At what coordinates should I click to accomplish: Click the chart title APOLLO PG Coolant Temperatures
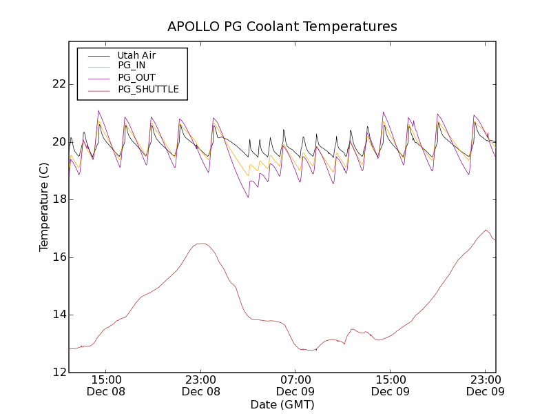pos(282,27)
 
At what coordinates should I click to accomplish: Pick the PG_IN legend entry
pos(132,66)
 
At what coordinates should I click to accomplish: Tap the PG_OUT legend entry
pos(136,77)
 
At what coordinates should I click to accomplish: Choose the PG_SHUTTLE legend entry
pos(148,89)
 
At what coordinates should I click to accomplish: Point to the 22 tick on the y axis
pos(59,84)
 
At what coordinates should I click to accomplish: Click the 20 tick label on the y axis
pos(59,142)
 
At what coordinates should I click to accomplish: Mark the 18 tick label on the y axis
pos(59,199)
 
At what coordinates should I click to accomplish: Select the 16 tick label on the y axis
pos(59,257)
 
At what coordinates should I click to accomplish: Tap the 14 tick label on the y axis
pos(59,315)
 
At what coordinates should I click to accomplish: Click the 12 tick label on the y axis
pos(59,373)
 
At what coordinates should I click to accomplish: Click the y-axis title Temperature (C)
pos(44,207)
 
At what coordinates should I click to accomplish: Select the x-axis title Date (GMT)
pos(282,404)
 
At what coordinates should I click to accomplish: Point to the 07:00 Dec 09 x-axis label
pos(295,385)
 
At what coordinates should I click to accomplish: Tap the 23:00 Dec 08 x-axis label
pos(200,385)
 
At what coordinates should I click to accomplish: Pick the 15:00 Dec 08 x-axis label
pos(106,385)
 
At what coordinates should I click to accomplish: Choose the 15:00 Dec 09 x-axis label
pos(390,385)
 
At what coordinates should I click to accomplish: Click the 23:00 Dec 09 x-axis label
pos(485,385)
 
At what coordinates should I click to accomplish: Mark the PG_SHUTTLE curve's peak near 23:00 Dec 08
pos(201,244)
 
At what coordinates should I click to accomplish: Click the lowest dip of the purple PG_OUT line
pos(248,197)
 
